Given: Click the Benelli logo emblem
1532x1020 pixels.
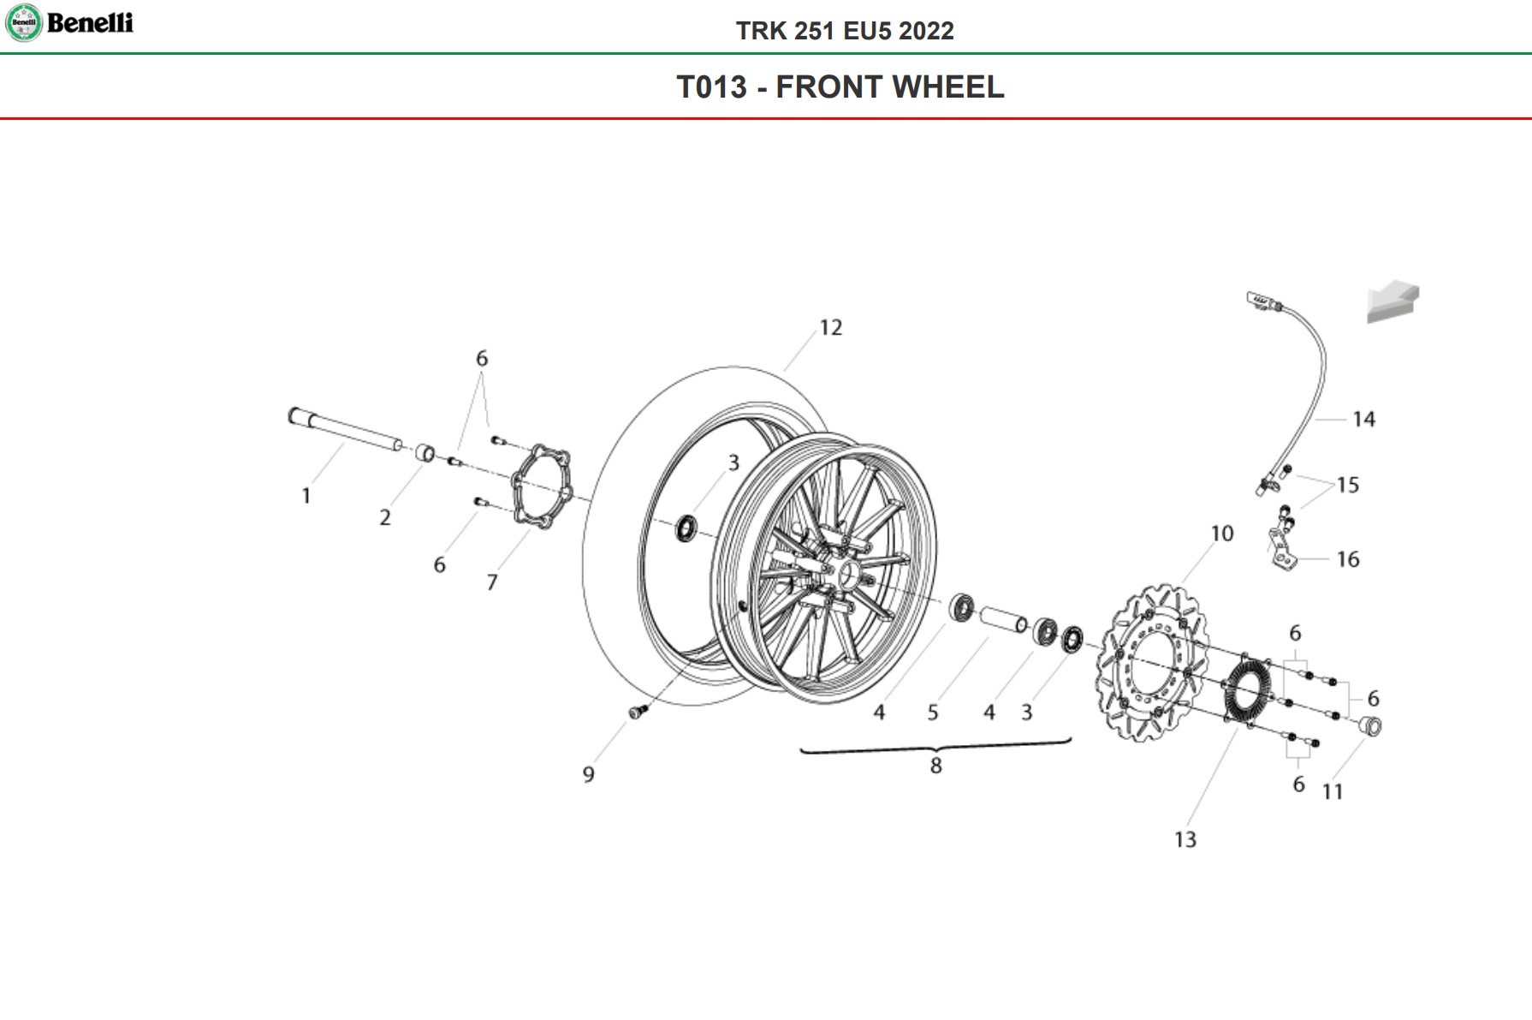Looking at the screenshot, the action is point(23,22).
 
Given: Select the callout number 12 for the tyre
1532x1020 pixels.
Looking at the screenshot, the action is point(830,328).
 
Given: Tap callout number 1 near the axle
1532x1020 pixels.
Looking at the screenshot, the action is point(306,496).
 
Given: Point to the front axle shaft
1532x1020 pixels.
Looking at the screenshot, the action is point(345,431).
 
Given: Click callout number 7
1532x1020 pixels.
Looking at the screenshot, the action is point(492,582).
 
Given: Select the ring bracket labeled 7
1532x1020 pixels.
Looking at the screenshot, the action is point(540,486).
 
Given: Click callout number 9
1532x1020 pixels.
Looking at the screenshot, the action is point(589,774).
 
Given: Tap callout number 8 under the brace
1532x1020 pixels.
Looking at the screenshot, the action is point(936,766).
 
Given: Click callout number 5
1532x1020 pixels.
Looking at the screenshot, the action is point(933,713).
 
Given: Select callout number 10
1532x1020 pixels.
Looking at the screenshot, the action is point(1221,534).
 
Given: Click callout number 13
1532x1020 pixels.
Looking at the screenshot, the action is point(1185,839).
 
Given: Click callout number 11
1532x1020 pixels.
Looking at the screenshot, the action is point(1333,791).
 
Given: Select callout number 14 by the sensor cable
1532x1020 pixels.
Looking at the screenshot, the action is point(1363,420).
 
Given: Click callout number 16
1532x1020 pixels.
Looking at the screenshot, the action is point(1348,560).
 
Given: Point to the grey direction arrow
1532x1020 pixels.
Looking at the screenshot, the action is point(1392,302).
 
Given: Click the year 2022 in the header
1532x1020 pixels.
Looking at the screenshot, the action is point(926,31).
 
